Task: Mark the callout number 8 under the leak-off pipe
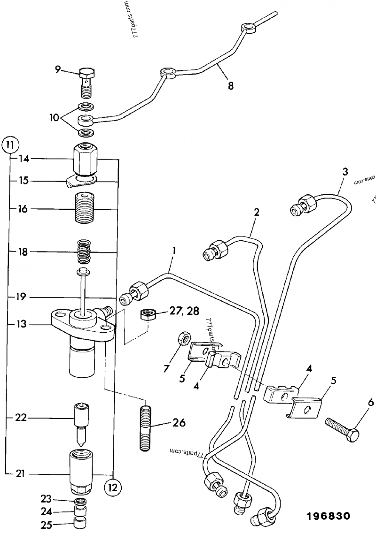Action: (x=230, y=86)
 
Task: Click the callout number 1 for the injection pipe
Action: (x=173, y=251)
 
